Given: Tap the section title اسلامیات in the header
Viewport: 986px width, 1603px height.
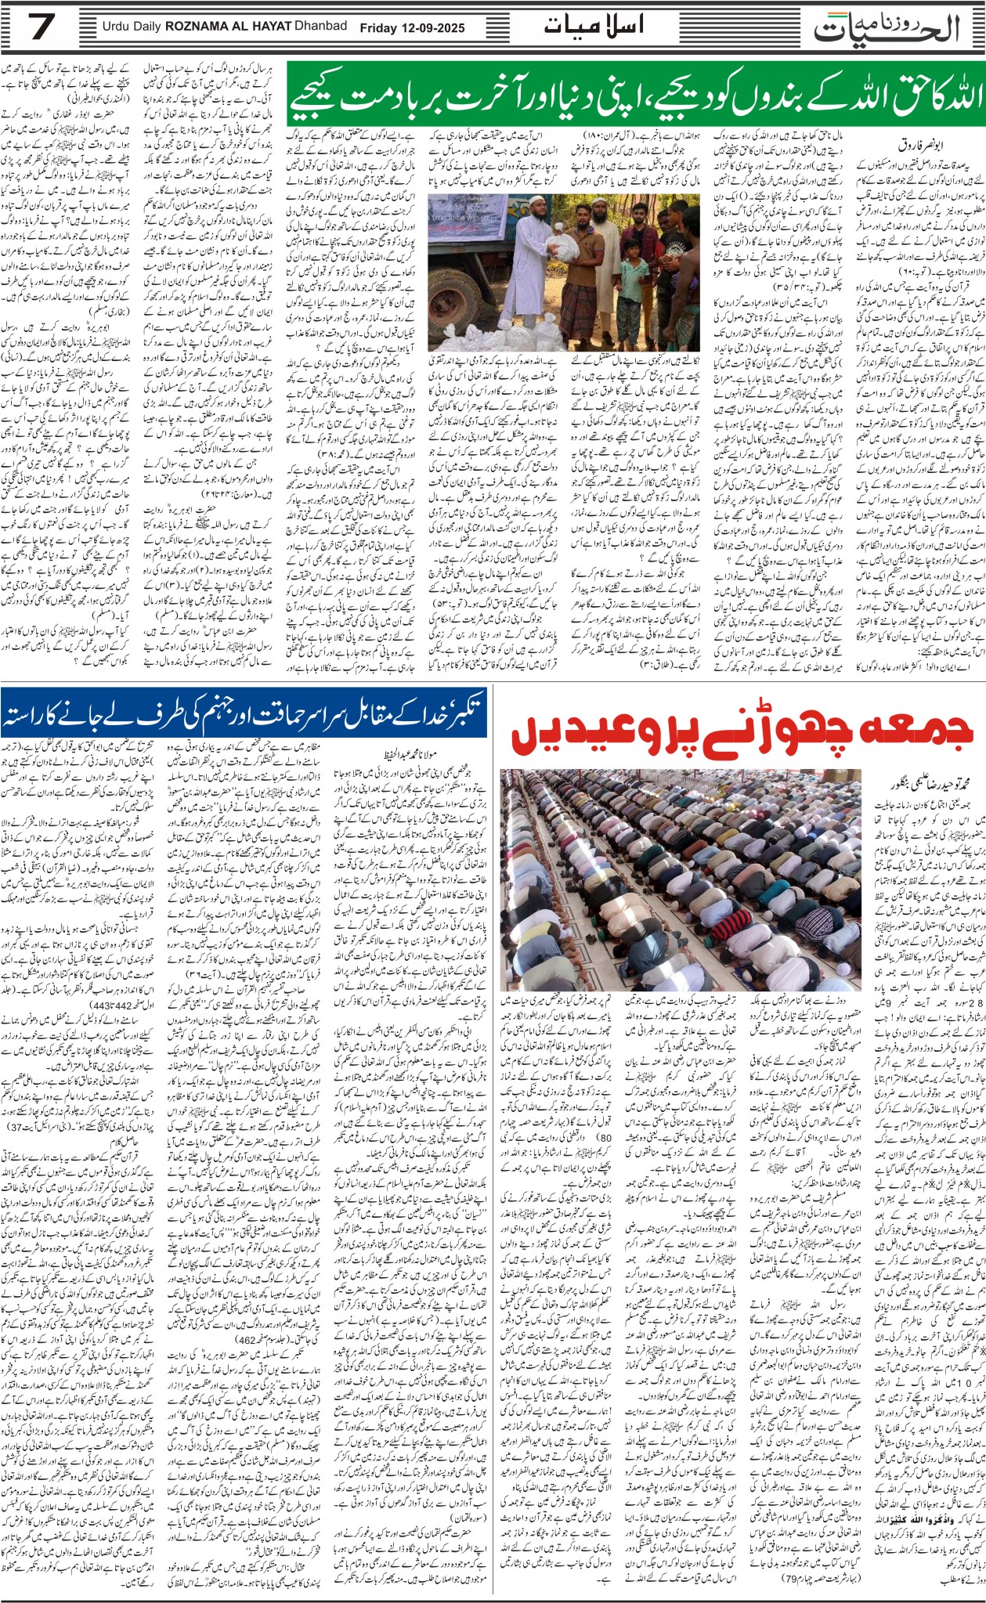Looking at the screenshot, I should [593, 26].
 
